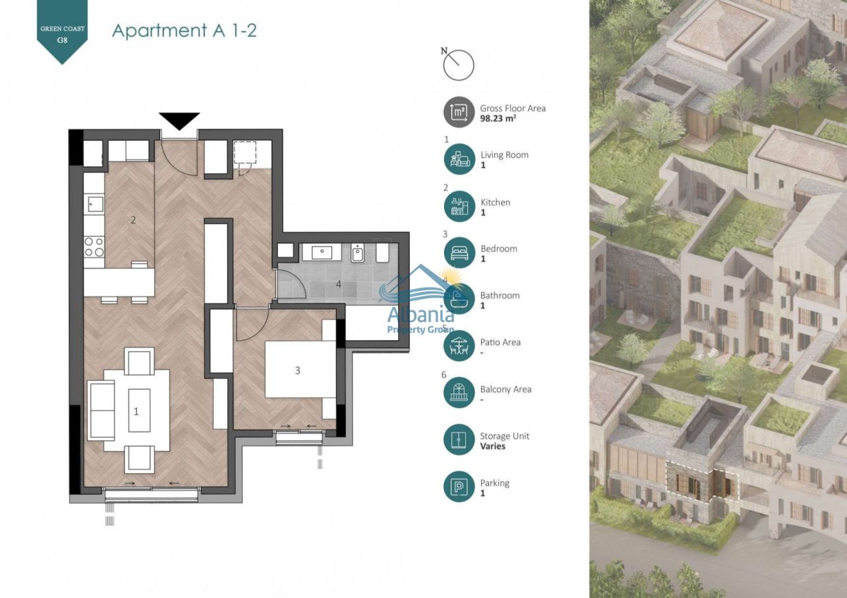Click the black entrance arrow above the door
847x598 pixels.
click(x=179, y=120)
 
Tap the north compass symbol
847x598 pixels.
click(x=459, y=65)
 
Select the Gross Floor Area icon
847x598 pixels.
click(x=459, y=112)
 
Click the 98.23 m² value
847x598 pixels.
click(x=498, y=119)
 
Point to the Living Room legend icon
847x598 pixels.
click(x=459, y=159)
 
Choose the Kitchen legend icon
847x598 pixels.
click(x=459, y=206)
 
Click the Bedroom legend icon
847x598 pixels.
click(x=459, y=253)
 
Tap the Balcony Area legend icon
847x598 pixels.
click(x=459, y=393)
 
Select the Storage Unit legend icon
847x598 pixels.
click(x=459, y=440)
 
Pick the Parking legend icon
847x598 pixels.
click(x=459, y=487)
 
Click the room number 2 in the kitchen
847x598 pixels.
click(x=133, y=220)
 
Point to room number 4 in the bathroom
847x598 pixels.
click(x=338, y=284)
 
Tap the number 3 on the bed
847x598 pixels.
click(x=297, y=370)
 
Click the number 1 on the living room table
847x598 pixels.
click(x=136, y=411)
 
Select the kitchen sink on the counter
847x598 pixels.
click(x=95, y=203)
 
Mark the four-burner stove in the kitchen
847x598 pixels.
click(x=94, y=247)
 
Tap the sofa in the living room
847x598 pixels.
click(x=102, y=410)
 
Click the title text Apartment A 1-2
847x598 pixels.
click(x=185, y=30)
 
